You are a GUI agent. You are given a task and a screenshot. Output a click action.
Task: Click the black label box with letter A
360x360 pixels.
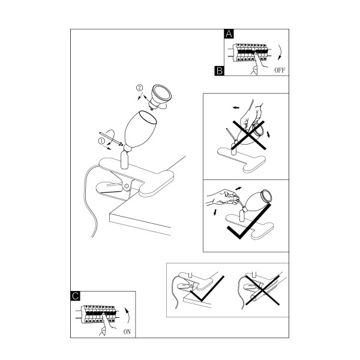pyautogui.click(x=229, y=34)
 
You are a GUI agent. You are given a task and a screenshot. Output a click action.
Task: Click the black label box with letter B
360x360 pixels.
pyautogui.click(x=219, y=71)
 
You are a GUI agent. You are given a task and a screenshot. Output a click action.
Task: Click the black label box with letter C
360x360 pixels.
pyautogui.click(x=76, y=296)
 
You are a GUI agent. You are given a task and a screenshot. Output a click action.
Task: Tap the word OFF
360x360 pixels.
pyautogui.click(x=280, y=70)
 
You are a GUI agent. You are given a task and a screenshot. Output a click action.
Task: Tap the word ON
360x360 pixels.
pyautogui.click(x=127, y=332)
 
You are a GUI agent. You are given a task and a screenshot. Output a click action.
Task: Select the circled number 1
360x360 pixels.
pyautogui.click(x=101, y=141)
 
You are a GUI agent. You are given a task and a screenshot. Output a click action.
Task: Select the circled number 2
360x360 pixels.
pyautogui.click(x=139, y=88)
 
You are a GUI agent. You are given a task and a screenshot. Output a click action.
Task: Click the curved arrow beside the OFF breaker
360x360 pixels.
pyautogui.click(x=280, y=52)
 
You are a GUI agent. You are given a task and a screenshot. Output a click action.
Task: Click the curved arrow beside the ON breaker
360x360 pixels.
pyautogui.click(x=128, y=316)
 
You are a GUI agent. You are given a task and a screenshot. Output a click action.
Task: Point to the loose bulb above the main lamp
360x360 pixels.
pyautogui.click(x=160, y=97)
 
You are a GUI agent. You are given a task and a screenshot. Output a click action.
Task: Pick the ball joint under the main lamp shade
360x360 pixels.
pyautogui.click(x=127, y=148)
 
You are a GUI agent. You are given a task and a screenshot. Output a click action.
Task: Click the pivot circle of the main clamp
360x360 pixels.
pyautogui.click(x=126, y=187)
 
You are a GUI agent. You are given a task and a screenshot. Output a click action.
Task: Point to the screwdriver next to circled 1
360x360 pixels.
pyautogui.click(x=110, y=139)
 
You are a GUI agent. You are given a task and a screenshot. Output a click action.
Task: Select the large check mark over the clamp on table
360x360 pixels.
pyautogui.click(x=206, y=289)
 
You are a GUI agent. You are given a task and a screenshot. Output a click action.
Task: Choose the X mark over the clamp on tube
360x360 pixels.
pyautogui.click(x=263, y=290)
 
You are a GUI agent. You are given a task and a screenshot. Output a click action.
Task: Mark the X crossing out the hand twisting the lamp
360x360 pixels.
pyautogui.click(x=249, y=136)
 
